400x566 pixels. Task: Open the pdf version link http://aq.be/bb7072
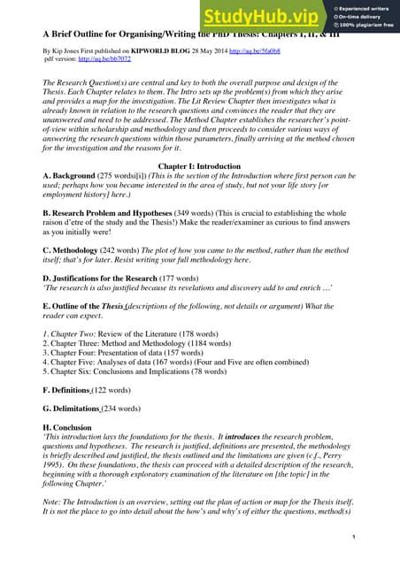click(x=106, y=61)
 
